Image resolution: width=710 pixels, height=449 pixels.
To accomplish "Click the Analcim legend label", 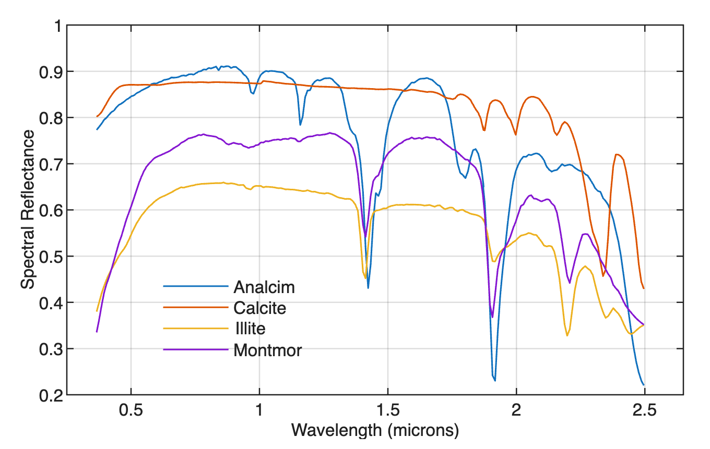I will click(x=264, y=287).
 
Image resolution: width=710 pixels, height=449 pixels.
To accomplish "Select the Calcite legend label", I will click(x=259, y=308).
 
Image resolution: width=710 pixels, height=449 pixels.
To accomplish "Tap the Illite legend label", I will click(x=250, y=329).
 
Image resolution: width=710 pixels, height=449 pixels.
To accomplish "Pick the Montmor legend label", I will click(x=267, y=349).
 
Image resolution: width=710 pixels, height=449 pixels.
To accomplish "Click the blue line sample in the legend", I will click(x=196, y=286).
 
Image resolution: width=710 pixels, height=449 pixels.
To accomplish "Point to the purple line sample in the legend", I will click(x=196, y=349).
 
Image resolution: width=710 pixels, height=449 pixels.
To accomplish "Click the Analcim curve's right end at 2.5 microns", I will click(x=644, y=385).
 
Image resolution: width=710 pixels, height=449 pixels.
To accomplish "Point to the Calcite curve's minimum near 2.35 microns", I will click(x=603, y=276).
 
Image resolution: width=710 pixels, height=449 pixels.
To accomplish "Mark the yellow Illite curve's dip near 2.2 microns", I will click(x=567, y=335).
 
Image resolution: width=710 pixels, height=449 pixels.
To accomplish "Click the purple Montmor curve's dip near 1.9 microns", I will click(x=492, y=317).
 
